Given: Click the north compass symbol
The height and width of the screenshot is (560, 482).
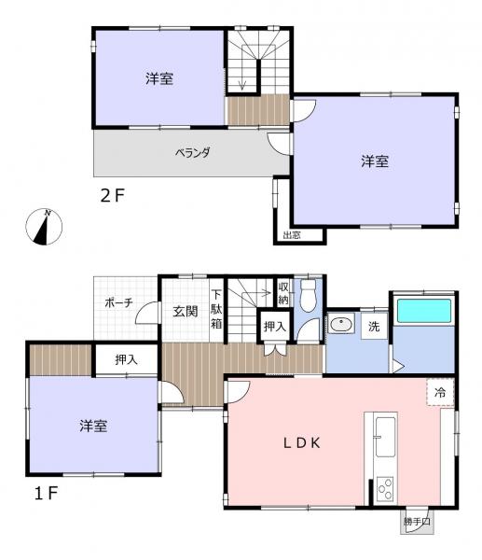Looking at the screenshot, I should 46,226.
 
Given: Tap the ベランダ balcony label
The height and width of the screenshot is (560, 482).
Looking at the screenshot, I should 193,152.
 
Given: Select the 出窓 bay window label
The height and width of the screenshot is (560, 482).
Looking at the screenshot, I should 292,235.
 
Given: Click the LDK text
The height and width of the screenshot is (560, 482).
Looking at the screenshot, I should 303,443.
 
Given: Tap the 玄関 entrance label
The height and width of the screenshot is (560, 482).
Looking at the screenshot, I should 185,312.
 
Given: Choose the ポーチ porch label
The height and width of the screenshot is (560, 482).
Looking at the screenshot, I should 119,302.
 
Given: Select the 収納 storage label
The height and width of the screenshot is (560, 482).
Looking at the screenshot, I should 283,294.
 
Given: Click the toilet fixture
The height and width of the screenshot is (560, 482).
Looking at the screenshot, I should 308,296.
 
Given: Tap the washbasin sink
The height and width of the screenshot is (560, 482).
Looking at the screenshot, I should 340,326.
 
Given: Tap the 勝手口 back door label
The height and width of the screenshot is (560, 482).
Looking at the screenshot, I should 416,522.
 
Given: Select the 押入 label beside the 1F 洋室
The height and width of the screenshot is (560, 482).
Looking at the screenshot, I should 125,359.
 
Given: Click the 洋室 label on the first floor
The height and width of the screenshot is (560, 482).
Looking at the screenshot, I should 92,427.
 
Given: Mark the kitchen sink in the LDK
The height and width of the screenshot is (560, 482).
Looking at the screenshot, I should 384,432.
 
